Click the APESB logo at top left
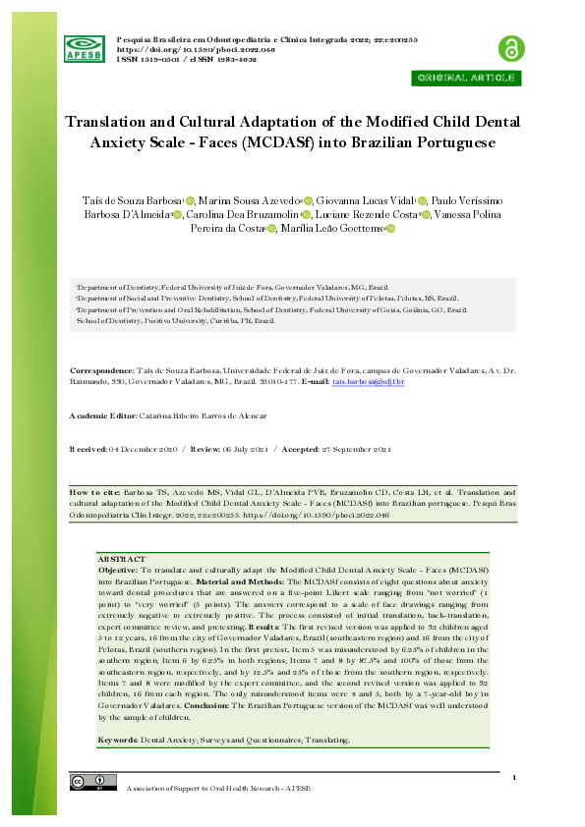(x=85, y=47)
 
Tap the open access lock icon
(x=509, y=47)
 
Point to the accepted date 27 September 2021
(x=348, y=449)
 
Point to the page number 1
(x=514, y=778)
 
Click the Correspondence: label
(x=106, y=370)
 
